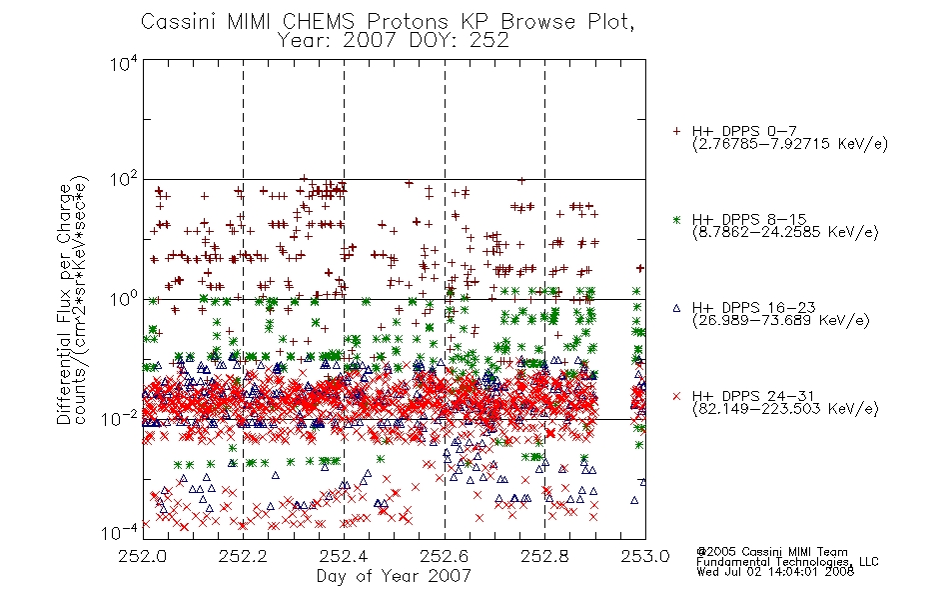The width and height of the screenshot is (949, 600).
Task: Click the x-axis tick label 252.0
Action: [x=143, y=556]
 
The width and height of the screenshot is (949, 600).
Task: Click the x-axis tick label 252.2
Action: [x=244, y=556]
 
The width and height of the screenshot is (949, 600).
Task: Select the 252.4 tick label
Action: [x=344, y=556]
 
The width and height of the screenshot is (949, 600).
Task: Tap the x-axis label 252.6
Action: [x=445, y=556]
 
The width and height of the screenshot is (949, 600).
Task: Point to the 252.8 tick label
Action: [x=544, y=556]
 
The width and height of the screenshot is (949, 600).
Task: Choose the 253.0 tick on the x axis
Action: [x=645, y=556]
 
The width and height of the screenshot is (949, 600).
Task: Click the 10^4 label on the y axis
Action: [x=124, y=63]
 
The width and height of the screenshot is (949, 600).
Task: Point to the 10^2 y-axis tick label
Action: [x=124, y=180]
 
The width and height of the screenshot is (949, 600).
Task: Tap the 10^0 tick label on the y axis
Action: [x=124, y=299]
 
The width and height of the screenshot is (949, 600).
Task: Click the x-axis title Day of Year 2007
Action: [x=394, y=576]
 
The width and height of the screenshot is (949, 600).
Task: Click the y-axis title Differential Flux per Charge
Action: [x=64, y=304]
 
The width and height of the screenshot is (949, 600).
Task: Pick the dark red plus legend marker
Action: [x=676, y=131]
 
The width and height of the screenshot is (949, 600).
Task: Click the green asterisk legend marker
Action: [x=676, y=219]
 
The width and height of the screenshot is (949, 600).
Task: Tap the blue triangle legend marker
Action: [x=676, y=308]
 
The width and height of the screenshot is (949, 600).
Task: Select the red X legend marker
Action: [x=676, y=396]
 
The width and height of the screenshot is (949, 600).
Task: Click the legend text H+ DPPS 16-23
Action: [x=753, y=308]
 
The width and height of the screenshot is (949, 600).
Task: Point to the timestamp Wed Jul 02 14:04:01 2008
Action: [x=775, y=572]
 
